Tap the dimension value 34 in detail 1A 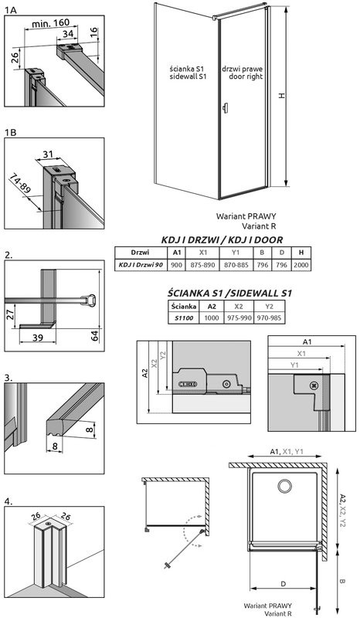point(69,34)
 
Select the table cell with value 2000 point(301,266)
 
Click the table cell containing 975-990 point(243,317)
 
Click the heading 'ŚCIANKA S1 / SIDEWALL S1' point(230,293)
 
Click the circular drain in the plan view point(284,485)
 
